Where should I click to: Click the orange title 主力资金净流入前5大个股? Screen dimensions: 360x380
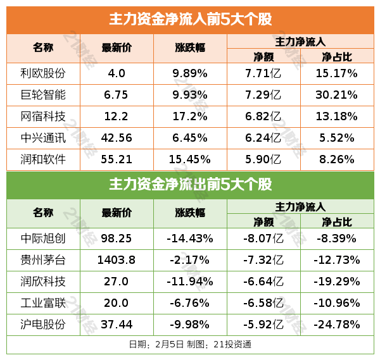190,19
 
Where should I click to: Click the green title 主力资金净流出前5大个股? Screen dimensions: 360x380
190,185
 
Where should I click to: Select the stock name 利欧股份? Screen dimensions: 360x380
43,73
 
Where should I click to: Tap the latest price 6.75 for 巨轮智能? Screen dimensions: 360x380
117,95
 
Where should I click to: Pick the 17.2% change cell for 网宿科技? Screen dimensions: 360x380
190,116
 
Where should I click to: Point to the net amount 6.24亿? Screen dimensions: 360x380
263,138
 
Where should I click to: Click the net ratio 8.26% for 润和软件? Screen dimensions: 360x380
336,159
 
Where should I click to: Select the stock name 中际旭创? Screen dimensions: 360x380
43,239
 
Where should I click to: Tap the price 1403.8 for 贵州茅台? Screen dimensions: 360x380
117,260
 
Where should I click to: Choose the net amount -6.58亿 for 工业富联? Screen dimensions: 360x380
263,303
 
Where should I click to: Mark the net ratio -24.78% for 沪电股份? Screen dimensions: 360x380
336,325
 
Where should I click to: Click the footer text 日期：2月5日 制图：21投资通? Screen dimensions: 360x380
190,345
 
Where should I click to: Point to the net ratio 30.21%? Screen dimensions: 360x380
336,95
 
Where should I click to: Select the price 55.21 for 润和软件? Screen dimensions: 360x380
117,159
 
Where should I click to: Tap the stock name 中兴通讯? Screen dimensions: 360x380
43,138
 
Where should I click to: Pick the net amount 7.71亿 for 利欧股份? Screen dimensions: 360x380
263,73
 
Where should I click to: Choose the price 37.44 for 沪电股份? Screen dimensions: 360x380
117,325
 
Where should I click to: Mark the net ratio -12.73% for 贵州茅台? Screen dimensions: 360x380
336,260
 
